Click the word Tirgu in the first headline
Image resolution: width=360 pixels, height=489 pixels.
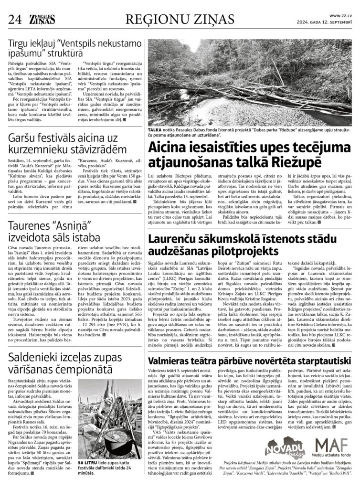(x=21, y=45)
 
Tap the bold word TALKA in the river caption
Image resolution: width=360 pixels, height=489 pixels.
(x=155, y=130)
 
